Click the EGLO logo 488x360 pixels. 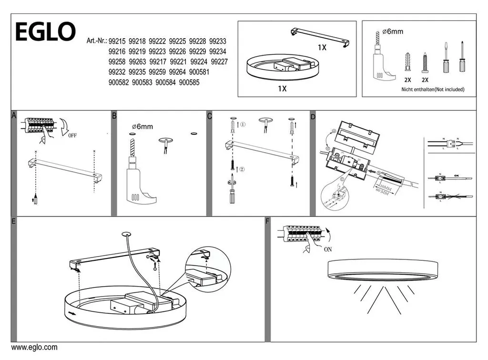pyautogui.click(x=45, y=32)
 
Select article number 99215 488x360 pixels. pyautogui.click(x=117, y=41)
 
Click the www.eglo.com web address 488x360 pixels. pyautogui.click(x=34, y=348)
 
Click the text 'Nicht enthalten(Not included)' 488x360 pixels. pyautogui.click(x=432, y=89)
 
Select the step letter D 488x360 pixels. pyautogui.click(x=313, y=116)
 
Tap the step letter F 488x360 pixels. pyautogui.click(x=267, y=221)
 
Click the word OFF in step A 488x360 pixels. pyautogui.click(x=72, y=135)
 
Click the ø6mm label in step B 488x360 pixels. pyautogui.click(x=142, y=126)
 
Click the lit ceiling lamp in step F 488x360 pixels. pyautogui.click(x=376, y=270)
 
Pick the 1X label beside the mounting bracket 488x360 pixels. pyautogui.click(x=322, y=48)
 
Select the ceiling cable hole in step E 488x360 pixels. pyautogui.click(x=126, y=234)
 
